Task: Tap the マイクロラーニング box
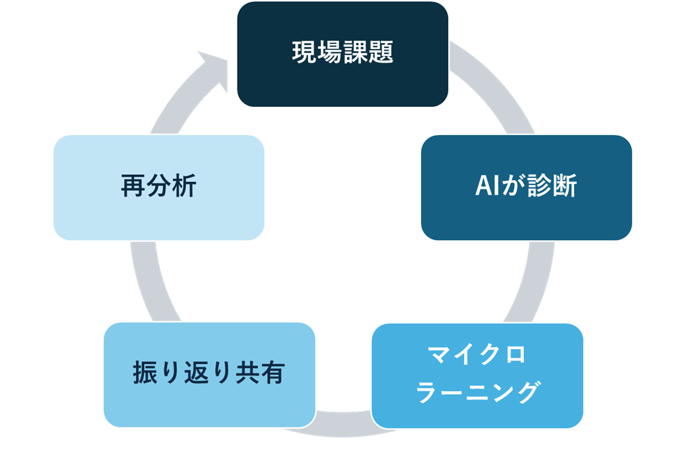pos(477,375)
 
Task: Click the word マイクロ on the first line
pos(478,355)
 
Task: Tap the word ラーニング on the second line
pos(478,393)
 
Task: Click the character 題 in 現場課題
pos(381,53)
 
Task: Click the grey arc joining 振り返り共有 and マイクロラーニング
pos(343,423)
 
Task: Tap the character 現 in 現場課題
pos(304,53)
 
